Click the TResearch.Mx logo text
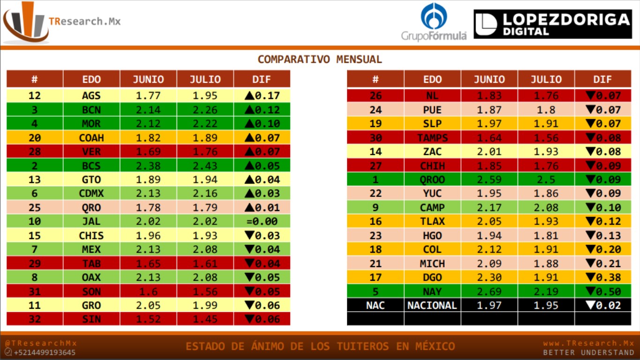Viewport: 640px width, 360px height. tap(84, 22)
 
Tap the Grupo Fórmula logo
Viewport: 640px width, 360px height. tap(433, 22)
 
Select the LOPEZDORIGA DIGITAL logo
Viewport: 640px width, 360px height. tap(552, 24)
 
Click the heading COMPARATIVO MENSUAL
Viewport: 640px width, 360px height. tap(320, 60)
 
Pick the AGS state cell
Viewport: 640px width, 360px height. tap(91, 96)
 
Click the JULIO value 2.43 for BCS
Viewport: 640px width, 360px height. tap(205, 165)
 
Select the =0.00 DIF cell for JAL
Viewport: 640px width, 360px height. tap(262, 221)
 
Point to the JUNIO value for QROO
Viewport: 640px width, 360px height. tap(489, 180)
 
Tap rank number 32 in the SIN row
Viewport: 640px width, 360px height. tap(35, 319)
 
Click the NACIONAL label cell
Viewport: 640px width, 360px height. tap(432, 305)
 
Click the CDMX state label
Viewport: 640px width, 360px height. tap(91, 194)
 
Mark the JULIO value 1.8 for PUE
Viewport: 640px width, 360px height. tap(546, 110)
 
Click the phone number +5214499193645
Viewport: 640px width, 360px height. tap(45, 352)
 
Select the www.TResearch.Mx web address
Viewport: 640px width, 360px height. tap(588, 343)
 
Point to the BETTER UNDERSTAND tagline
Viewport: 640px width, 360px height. tap(588, 352)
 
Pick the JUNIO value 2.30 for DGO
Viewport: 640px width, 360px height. tap(489, 277)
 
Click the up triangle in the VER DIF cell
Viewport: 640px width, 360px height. tap(249, 152)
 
